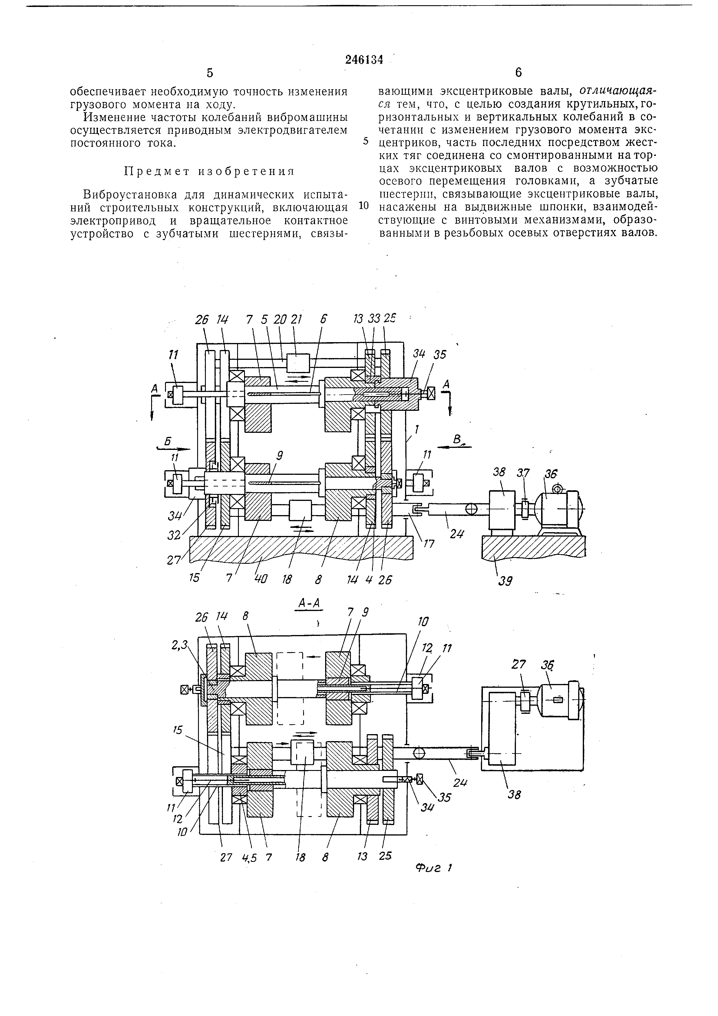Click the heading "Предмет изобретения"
[209, 171]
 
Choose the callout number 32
[174, 535]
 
